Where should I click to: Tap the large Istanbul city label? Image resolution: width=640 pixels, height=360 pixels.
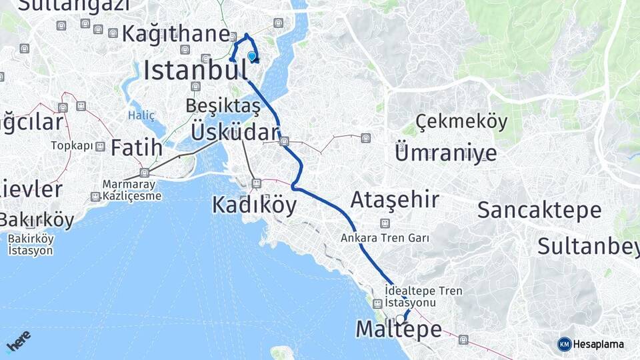tap(191, 69)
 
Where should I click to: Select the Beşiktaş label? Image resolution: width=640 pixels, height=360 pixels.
tap(223, 106)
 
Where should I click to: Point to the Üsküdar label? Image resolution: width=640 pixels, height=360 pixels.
tap(233, 131)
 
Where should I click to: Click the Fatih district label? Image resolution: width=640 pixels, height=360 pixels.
tap(136, 147)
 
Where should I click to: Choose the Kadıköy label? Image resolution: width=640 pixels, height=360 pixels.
tap(254, 205)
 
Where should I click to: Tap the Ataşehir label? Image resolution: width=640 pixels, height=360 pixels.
tap(395, 199)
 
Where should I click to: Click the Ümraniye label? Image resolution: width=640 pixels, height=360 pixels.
tap(445, 153)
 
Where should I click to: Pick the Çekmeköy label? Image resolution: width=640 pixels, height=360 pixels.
tap(461, 121)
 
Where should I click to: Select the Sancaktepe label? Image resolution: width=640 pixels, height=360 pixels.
tap(539, 210)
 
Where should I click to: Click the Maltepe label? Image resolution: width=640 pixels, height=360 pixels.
tap(399, 329)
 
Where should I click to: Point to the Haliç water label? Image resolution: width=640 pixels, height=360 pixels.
tap(141, 115)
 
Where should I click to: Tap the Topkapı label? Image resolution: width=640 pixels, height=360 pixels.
tap(71, 145)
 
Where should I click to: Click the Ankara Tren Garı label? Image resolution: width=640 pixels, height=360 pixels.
tap(384, 237)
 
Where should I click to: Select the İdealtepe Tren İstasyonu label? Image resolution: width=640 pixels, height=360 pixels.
tap(423, 297)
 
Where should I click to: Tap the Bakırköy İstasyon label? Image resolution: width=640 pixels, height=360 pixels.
tap(31, 245)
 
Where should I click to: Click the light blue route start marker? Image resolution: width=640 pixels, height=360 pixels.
tap(252, 57)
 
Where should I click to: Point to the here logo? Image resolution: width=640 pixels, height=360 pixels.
tap(18, 341)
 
